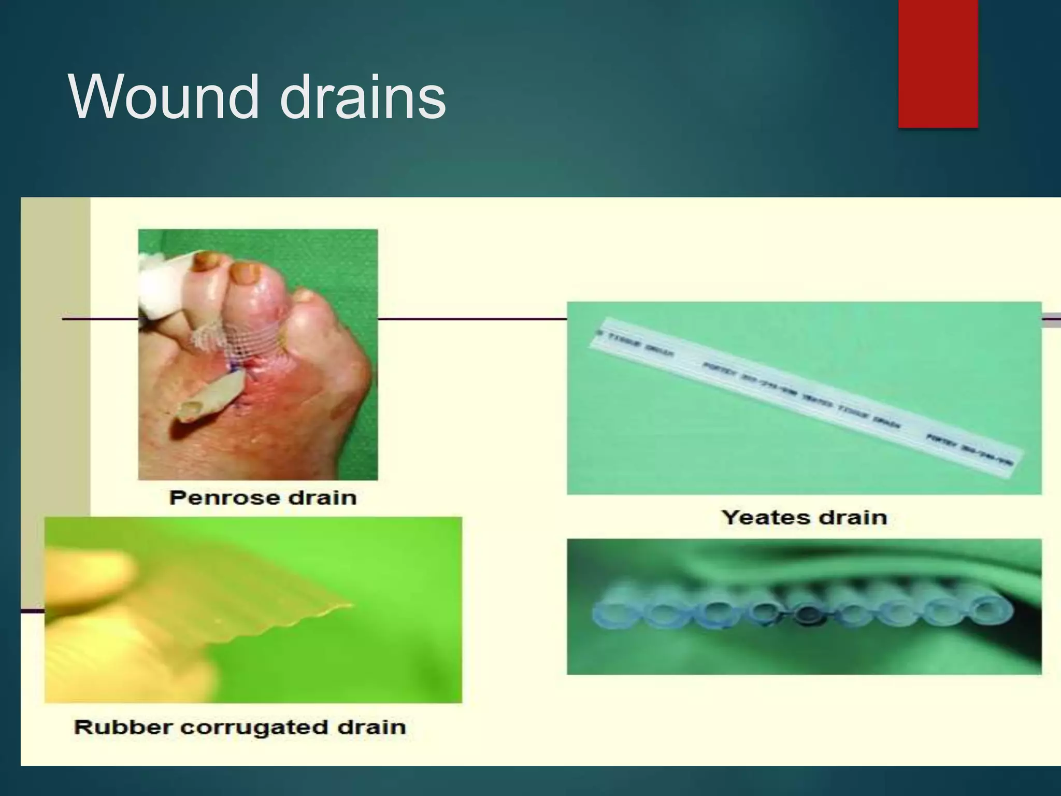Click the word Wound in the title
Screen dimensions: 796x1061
(x=163, y=97)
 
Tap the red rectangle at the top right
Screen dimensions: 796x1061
(x=938, y=63)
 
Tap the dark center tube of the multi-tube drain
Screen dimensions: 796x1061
(x=805, y=616)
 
